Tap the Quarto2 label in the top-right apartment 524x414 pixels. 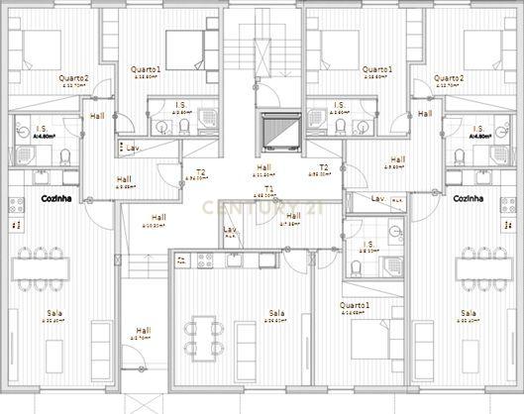[x=448, y=77]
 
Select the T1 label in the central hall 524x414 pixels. [x=268, y=188]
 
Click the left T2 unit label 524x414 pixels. [x=200, y=172]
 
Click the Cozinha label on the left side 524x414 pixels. [x=53, y=199]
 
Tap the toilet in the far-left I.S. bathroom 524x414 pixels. [x=61, y=156]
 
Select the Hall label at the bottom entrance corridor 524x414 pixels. [x=144, y=331]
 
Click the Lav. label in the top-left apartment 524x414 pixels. [x=132, y=148]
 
